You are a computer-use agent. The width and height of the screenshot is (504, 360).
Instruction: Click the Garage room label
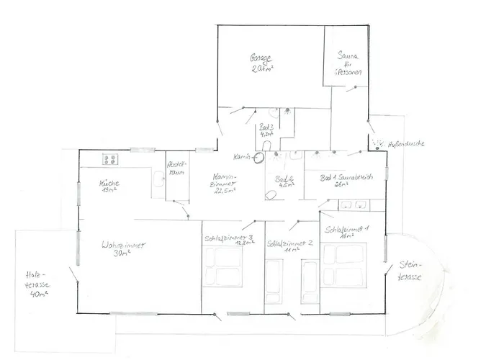(x=261, y=63)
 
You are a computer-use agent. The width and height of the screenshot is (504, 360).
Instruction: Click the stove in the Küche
(x=110, y=158)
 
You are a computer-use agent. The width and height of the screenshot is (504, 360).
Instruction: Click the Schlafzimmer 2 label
(x=290, y=247)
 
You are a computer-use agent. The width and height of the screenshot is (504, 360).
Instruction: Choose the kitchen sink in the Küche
(x=157, y=179)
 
